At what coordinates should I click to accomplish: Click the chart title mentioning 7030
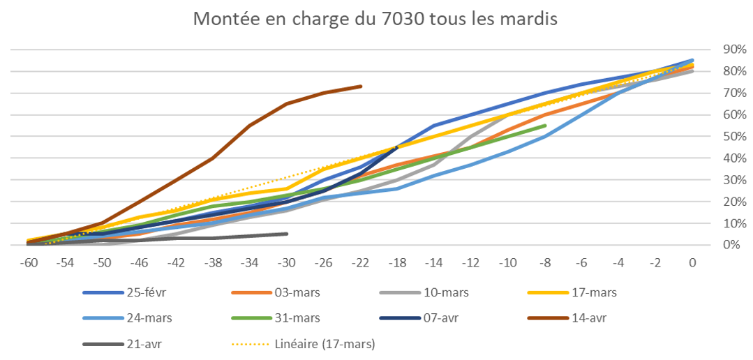[375, 20]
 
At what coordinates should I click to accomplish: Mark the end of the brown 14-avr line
[361, 86]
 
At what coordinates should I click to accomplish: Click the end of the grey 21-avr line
[287, 234]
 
